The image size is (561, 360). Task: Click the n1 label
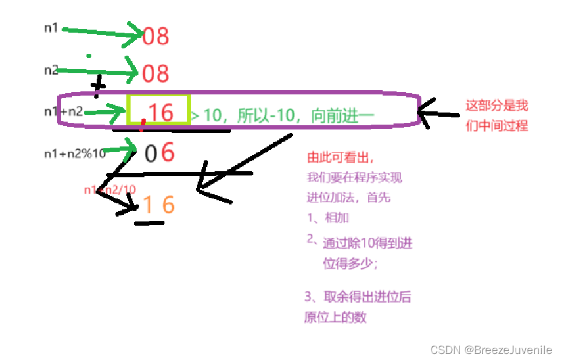51,28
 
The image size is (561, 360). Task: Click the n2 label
51,70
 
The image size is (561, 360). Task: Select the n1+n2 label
63,111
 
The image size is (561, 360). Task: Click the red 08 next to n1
155,36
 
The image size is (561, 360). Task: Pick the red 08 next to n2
155,74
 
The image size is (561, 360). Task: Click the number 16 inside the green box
160,112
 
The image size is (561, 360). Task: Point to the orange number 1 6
158,205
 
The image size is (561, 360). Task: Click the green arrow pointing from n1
100,33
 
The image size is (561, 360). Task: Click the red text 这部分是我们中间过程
496,116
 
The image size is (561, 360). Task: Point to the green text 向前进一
343,116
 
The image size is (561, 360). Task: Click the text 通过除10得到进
368,243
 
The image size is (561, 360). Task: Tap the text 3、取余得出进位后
358,297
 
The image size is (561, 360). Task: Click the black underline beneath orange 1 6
149,223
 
